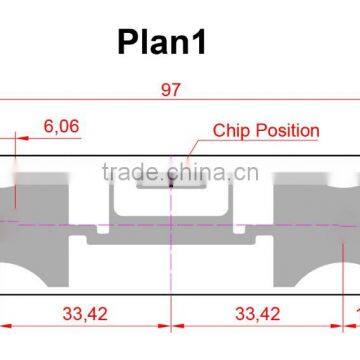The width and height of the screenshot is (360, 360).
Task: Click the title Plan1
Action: click(x=162, y=42)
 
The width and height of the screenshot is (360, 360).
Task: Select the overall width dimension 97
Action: click(x=171, y=90)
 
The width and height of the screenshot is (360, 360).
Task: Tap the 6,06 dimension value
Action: click(x=61, y=126)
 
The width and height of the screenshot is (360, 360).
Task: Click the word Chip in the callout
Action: click(x=231, y=131)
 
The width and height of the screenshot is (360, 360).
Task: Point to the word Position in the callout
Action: click(x=287, y=131)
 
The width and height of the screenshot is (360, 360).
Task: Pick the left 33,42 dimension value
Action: click(x=85, y=314)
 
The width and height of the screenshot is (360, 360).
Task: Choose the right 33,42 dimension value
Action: click(x=257, y=314)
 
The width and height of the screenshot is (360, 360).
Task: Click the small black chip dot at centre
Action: click(x=171, y=183)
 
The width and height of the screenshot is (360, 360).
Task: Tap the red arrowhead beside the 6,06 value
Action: click(x=22, y=138)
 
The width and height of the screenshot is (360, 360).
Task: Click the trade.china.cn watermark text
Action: click(x=180, y=172)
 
